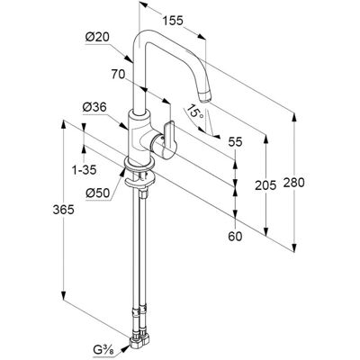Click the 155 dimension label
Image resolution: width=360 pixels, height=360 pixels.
click(x=173, y=21)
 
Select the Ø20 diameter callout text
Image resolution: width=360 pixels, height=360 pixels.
click(x=97, y=38)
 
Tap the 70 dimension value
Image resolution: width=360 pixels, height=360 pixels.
click(x=118, y=74)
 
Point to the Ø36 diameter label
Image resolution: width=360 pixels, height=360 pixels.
click(x=94, y=107)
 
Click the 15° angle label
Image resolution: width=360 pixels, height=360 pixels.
click(x=194, y=112)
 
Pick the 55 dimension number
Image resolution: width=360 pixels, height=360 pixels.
click(x=235, y=142)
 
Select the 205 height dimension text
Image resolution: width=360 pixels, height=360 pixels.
click(x=265, y=185)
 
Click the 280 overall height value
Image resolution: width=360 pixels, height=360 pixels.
click(x=293, y=183)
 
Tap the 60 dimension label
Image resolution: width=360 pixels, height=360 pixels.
click(x=235, y=237)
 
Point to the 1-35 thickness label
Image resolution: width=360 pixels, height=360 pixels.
click(x=85, y=170)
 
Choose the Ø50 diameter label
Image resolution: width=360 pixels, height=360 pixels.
click(x=98, y=193)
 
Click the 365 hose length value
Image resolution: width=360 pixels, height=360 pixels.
click(x=63, y=210)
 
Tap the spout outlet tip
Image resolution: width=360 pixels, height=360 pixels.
click(x=205, y=97)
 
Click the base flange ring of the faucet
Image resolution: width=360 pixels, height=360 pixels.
click(x=139, y=165)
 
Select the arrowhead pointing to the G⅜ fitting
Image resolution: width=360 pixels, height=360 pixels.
click(x=125, y=347)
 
